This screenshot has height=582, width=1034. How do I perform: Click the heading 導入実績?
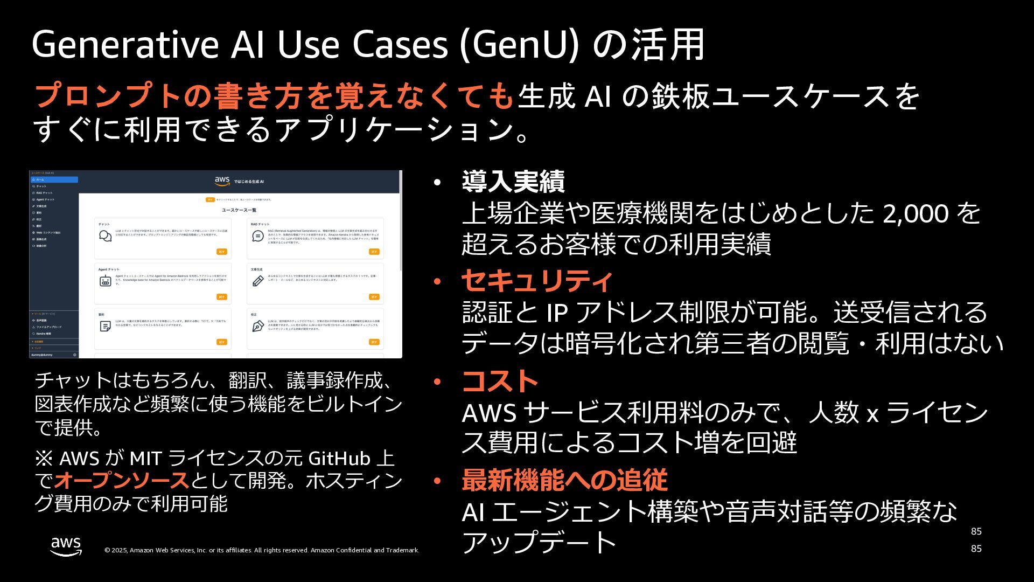pos(513,182)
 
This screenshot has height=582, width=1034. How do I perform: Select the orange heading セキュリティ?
pos(537,281)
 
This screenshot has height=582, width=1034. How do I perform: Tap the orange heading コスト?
pos(500,382)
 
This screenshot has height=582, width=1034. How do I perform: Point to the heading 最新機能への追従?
pos(564,480)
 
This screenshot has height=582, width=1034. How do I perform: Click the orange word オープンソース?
pos(122,480)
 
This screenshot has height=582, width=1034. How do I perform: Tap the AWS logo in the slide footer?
pos(66,546)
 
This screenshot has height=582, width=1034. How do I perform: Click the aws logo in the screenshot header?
pos(222,181)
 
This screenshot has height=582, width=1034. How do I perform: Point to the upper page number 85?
pos(976,531)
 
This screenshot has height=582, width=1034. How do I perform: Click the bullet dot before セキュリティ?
pos(437,281)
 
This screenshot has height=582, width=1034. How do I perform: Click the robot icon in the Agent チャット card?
pos(106,281)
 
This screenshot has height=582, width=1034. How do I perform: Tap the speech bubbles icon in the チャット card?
pos(106,236)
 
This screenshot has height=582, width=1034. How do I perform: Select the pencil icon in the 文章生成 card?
pos(258,281)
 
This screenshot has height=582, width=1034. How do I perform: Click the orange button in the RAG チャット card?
pos(374,252)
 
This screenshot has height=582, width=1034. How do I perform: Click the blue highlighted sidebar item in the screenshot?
pos(54,179)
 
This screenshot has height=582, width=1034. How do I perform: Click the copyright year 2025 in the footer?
pos(119,550)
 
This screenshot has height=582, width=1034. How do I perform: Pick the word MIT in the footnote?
pos(146,459)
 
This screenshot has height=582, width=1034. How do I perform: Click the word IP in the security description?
pos(557,313)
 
